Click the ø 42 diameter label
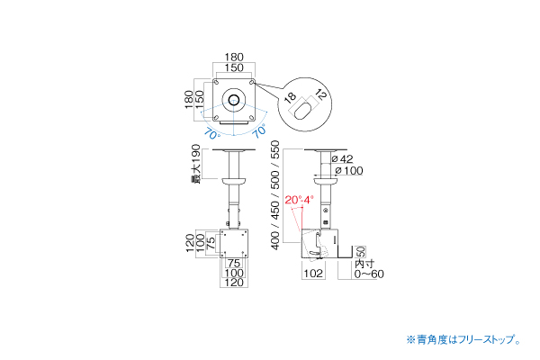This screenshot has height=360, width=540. (x=342, y=158)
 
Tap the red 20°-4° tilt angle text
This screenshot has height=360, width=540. (x=300, y=200)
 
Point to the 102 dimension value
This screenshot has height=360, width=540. (x=313, y=274)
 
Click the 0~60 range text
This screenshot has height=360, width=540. (x=369, y=274)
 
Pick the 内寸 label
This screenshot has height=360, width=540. (x=364, y=265)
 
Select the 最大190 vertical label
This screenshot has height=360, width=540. (x=195, y=164)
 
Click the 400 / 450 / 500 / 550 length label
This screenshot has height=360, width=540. (x=275, y=195)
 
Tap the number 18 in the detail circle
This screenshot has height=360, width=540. (x=291, y=97)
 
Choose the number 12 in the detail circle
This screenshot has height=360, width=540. (x=320, y=94)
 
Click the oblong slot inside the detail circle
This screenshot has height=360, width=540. (x=303, y=110)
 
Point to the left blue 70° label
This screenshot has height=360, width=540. (x=211, y=133)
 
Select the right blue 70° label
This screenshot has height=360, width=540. (x=260, y=130)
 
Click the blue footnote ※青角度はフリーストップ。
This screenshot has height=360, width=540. (x=463, y=340)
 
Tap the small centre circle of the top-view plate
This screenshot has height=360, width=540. (x=234, y=100)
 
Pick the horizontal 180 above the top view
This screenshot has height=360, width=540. (x=234, y=58)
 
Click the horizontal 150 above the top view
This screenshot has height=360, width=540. (x=234, y=67)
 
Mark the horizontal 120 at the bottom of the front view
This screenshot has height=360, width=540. (x=234, y=283)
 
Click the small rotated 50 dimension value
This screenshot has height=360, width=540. (x=361, y=252)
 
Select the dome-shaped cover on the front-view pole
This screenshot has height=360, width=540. (x=234, y=181)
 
